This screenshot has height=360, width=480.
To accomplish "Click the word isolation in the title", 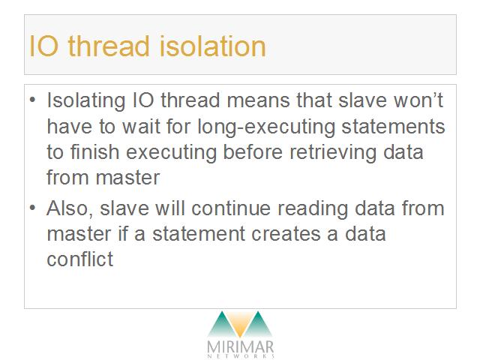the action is click(x=212, y=46).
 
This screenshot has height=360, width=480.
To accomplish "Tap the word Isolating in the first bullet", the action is click(x=86, y=101).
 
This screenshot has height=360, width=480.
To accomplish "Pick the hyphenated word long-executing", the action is click(x=266, y=127).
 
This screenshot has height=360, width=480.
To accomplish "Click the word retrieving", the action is click(x=333, y=153).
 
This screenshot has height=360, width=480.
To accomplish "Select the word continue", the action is click(x=231, y=208).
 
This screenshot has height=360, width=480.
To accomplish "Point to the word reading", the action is click(x=313, y=209).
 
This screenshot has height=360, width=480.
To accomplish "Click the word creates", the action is click(x=286, y=235).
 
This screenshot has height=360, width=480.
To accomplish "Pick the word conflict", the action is click(x=80, y=259).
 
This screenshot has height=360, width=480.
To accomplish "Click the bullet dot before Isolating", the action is click(x=33, y=100).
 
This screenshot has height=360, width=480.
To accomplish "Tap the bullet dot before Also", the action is click(x=33, y=208).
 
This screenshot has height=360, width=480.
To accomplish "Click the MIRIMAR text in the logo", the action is click(x=240, y=346).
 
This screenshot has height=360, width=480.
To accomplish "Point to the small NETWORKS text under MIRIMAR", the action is click(x=241, y=356).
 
